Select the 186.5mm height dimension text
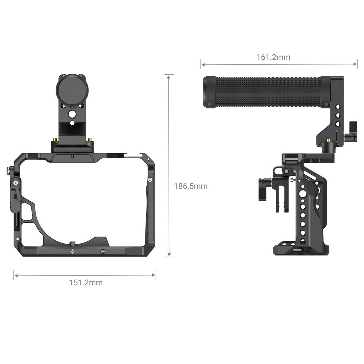tap(190, 186)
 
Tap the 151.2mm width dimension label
tap(86, 282)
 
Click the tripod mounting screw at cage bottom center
tap(72, 243)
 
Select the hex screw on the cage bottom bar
tap(103, 251)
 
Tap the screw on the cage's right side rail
tap(150, 179)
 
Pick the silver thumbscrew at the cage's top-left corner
tap(8, 170)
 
